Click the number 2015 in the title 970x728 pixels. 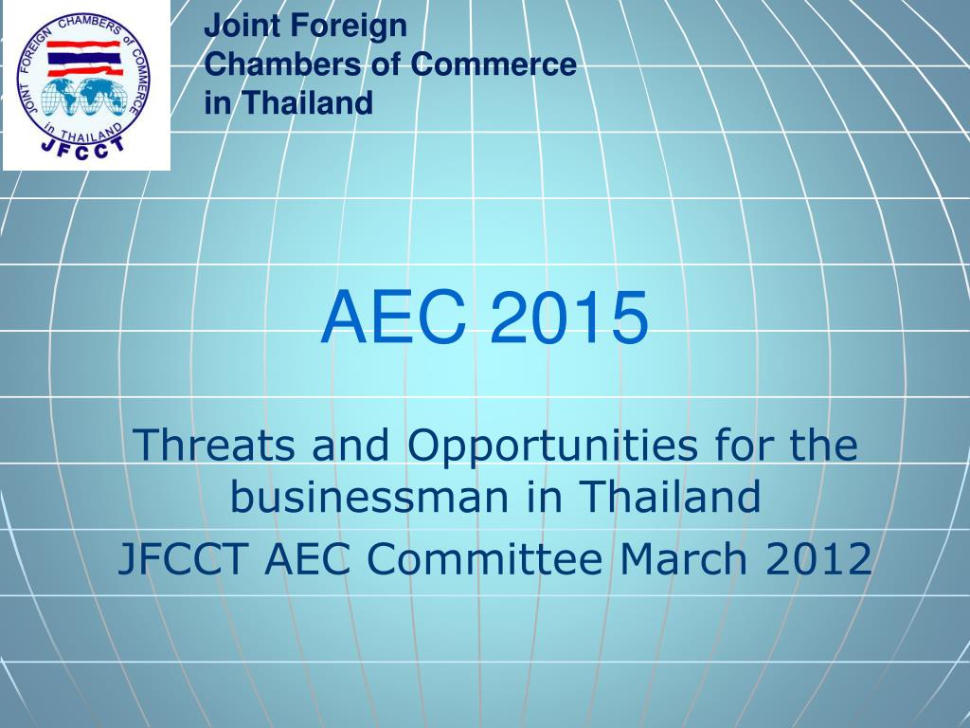[569, 318]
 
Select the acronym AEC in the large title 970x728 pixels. [393, 318]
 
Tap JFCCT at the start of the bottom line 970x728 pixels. [185, 559]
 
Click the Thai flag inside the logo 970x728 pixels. [84, 57]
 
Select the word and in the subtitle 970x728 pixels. [355, 445]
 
